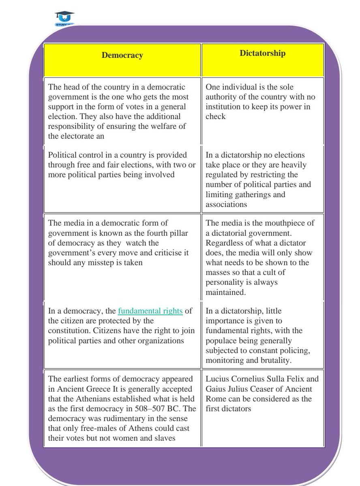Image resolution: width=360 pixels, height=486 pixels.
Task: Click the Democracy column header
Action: click(122, 55)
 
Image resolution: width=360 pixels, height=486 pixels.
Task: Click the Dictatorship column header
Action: click(263, 53)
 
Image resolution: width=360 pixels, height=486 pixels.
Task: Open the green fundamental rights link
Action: click(150, 311)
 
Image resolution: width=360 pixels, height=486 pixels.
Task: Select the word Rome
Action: click(216, 399)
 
